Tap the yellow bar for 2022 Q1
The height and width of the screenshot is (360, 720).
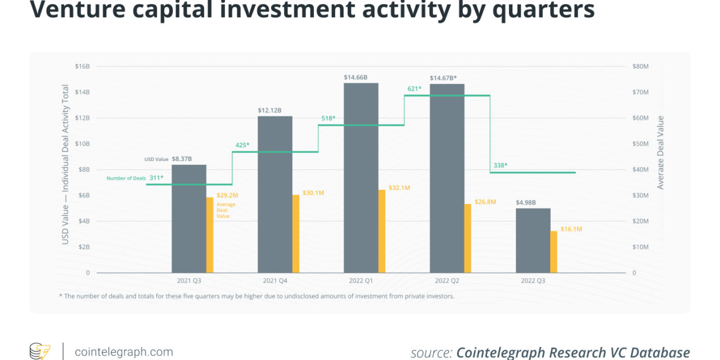(x=382, y=231)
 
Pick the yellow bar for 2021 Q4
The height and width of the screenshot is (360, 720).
(x=296, y=233)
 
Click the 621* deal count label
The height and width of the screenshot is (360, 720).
(x=415, y=89)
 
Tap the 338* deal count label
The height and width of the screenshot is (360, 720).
(x=500, y=165)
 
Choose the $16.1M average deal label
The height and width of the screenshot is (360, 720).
(x=571, y=229)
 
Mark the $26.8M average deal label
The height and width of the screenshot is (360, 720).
(x=485, y=201)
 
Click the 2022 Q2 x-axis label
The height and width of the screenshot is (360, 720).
(x=447, y=280)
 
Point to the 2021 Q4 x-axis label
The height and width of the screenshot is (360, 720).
(x=275, y=280)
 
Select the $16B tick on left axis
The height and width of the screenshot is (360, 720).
(x=82, y=66)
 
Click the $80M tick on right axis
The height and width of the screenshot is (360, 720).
(x=641, y=66)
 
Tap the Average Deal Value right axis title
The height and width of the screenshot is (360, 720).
(x=660, y=152)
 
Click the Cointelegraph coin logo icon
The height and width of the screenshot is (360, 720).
(x=40, y=352)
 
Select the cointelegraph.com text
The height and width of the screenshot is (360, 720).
(x=124, y=352)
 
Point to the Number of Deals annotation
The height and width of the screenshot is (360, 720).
(x=125, y=178)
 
